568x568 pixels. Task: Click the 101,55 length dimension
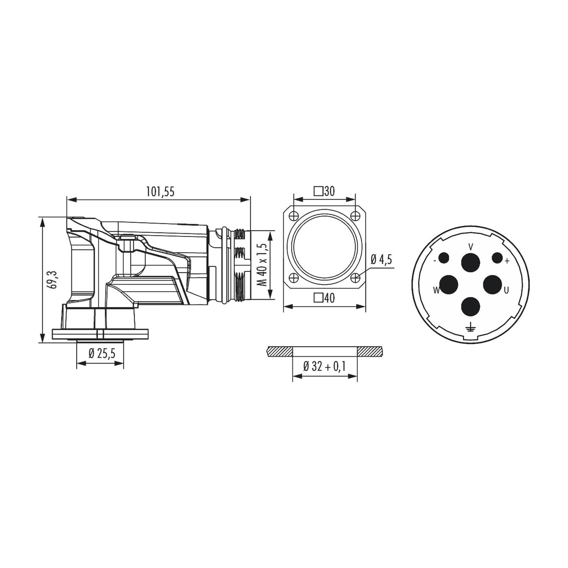(160, 192)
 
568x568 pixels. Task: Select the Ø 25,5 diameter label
(101, 354)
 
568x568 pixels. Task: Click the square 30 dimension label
(325, 191)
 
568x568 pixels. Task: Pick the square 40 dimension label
(325, 298)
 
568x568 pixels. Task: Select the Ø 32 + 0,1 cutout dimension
(325, 367)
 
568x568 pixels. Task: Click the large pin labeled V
(470, 262)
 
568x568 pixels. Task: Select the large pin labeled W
(449, 284)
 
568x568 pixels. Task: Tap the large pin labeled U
(492, 284)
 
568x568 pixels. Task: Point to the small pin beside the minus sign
(443, 258)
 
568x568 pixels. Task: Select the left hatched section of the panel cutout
(279, 351)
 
